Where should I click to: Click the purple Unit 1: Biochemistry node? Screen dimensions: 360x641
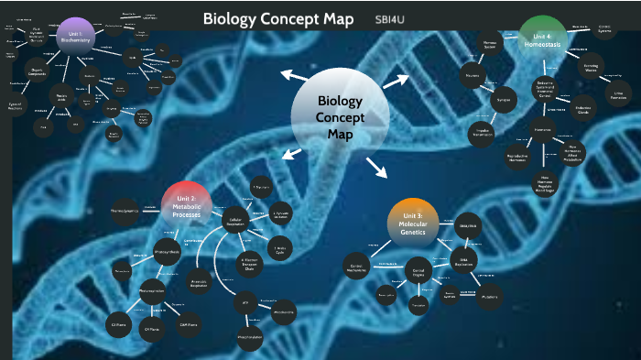coord(75,36)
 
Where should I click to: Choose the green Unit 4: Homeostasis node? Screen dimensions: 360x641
coord(543,35)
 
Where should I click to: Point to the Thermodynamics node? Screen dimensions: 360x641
coord(125,212)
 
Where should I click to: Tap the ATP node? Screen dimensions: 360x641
coord(245,302)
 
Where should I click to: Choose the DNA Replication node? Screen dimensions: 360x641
coord(464,261)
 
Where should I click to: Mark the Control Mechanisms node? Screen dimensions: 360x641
coord(358,267)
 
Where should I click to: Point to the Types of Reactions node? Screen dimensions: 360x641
coord(16,107)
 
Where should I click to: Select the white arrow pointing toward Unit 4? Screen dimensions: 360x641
coord(395,82)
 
